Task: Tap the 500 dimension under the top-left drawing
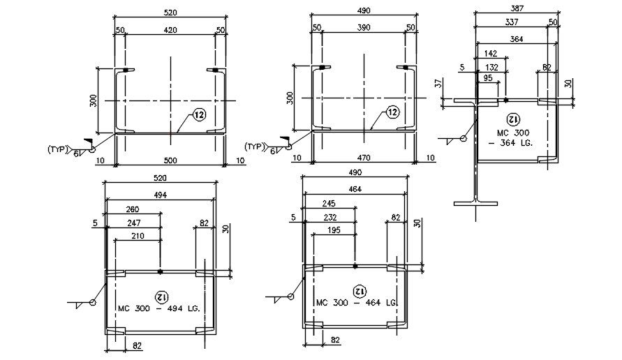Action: click(170, 160)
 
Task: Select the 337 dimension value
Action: click(511, 21)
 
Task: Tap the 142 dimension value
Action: click(491, 53)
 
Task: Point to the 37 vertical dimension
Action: click(438, 83)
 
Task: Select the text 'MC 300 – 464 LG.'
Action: click(357, 303)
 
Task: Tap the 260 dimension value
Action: click(133, 209)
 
